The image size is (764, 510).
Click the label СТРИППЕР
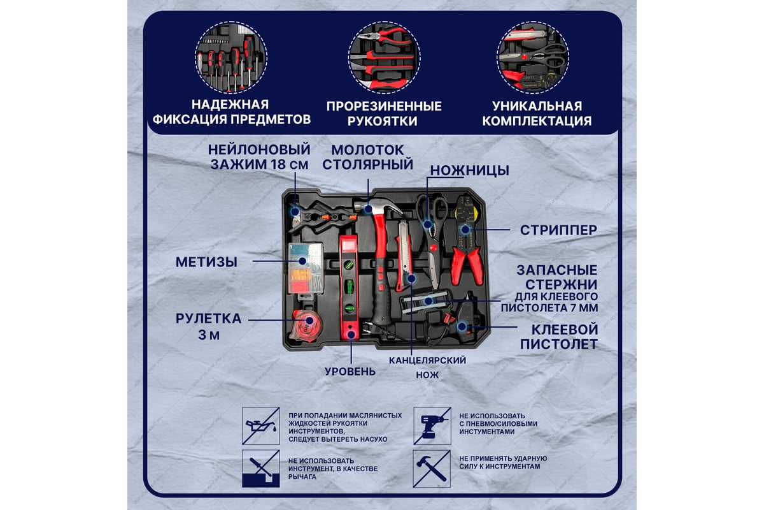[x=558, y=230]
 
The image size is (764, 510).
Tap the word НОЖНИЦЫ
[x=469, y=170]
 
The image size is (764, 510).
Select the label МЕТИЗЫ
[x=206, y=262]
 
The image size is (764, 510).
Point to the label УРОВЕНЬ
[x=350, y=371]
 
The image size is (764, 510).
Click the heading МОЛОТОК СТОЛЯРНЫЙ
[x=368, y=157]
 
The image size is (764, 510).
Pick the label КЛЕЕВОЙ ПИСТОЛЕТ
[x=559, y=337]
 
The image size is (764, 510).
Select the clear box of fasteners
[x=306, y=268]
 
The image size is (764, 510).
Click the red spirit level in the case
[x=350, y=288]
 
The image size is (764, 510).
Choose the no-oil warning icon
[x=261, y=426]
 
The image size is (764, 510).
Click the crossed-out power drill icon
[x=432, y=426]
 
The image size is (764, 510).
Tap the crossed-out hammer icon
[x=432, y=469]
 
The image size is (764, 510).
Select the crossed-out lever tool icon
[x=261, y=469]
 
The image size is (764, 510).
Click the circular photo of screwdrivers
[x=231, y=57]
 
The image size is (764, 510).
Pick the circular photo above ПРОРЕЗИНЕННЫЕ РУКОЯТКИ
[x=384, y=57]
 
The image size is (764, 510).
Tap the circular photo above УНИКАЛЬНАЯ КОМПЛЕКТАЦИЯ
[x=533, y=57]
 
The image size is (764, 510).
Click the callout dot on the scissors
[x=427, y=225]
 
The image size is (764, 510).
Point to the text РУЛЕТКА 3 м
[x=209, y=326]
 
